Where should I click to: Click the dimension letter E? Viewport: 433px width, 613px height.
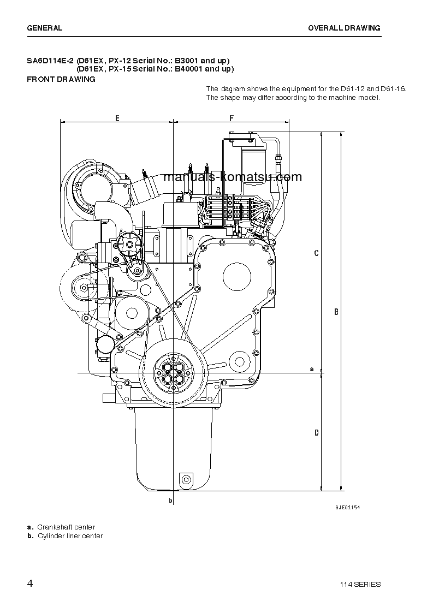point(117,118)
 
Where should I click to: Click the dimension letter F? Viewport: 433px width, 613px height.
point(231,118)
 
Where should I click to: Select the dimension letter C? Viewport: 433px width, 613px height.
point(316,253)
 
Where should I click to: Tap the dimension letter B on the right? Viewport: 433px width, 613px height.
point(336,312)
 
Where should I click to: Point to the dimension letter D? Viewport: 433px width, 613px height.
point(316,433)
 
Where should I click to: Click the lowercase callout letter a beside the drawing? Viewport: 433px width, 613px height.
point(312,369)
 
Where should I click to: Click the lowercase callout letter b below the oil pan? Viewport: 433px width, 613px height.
point(170,500)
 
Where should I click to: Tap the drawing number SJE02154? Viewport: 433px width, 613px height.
point(347,507)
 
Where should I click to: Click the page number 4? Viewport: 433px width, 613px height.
point(30,583)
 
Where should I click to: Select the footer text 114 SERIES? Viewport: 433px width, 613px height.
point(359,584)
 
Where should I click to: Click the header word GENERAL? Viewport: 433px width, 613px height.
point(44,28)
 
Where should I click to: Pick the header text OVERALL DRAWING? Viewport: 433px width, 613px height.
point(344,28)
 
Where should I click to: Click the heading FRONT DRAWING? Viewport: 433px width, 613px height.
point(61,79)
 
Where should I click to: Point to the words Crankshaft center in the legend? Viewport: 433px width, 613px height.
point(66,527)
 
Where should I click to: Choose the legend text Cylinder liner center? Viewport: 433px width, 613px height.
point(70,535)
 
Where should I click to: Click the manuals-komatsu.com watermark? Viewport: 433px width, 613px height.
point(232,177)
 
